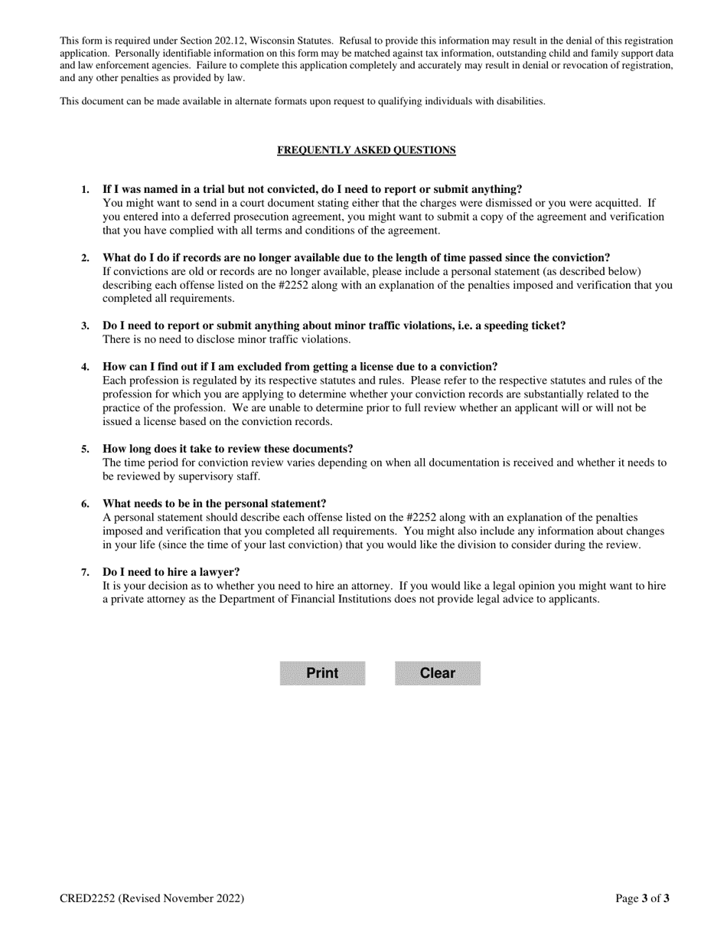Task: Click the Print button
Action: click(x=322, y=673)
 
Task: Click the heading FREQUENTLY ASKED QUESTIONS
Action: click(x=366, y=150)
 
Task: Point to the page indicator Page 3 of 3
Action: click(x=642, y=898)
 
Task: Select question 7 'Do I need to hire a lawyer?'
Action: click(x=171, y=572)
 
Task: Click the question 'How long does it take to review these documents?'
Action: click(x=228, y=449)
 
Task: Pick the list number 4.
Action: click(x=86, y=367)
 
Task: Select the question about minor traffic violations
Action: click(x=334, y=325)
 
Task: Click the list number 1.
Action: click(x=86, y=190)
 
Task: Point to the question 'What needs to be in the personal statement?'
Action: click(x=214, y=504)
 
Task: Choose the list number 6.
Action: click(x=86, y=504)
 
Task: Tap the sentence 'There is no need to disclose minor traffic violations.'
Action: click(x=227, y=339)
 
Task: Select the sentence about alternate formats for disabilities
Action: click(x=302, y=101)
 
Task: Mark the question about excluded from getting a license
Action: click(x=300, y=367)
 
